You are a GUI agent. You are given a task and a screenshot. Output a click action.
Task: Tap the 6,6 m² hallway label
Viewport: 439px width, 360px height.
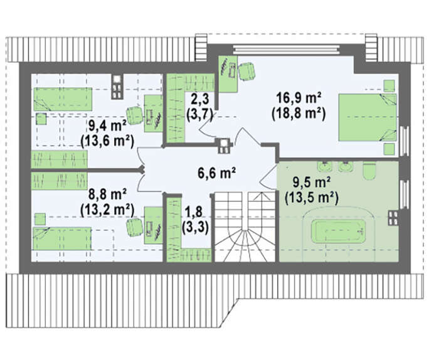[216, 172]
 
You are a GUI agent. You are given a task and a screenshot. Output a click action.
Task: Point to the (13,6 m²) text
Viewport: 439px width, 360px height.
[107, 141]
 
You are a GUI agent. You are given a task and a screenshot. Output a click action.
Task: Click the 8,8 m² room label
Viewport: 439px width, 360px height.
[107, 194]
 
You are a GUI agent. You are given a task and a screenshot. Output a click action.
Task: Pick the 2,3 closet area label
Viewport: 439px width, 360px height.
[200, 100]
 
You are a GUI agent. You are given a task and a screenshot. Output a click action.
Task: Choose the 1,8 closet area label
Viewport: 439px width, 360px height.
[195, 212]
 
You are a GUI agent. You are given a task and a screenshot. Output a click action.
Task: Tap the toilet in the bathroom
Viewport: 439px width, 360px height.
[369, 171]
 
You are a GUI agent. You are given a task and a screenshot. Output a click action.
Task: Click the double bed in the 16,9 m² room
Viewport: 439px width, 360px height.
[368, 117]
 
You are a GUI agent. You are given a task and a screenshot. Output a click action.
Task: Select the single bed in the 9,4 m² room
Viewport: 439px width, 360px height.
[63, 99]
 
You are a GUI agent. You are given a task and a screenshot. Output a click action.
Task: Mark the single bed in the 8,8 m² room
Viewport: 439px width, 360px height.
[62, 238]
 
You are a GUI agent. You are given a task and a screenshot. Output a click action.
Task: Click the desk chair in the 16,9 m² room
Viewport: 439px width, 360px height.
[246, 71]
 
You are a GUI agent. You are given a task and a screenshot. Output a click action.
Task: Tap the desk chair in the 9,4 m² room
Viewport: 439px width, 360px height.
[134, 115]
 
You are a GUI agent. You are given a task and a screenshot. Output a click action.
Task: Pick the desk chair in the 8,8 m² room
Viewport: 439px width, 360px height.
[134, 227]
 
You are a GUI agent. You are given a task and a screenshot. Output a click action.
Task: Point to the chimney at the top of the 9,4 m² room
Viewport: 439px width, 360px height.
[117, 87]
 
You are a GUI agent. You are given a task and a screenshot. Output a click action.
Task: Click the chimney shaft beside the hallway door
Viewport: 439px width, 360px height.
[225, 146]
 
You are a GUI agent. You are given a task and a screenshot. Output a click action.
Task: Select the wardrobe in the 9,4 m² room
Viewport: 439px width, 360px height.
[59, 159]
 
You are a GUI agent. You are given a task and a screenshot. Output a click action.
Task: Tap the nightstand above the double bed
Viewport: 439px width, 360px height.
[389, 86]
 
